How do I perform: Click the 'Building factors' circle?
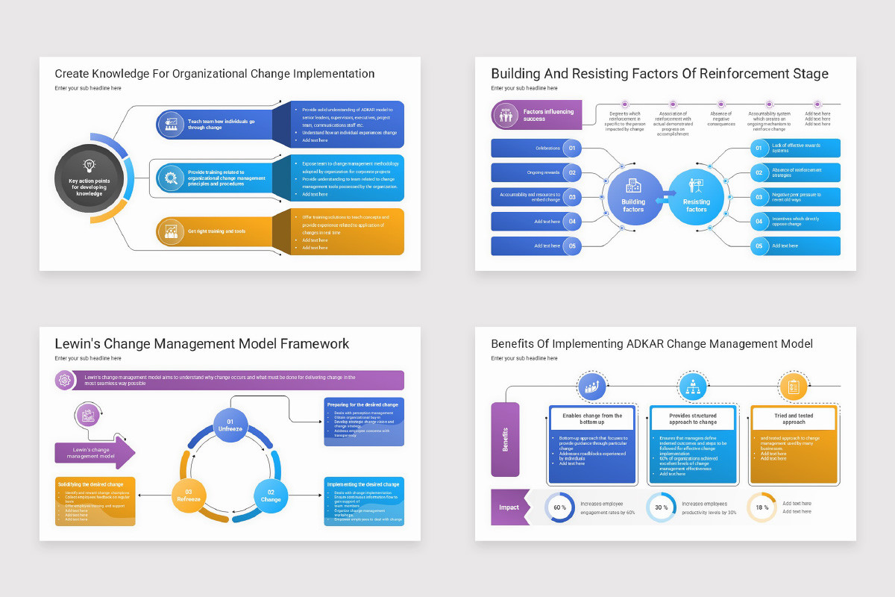tap(633, 197)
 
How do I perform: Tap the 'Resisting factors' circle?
tap(696, 197)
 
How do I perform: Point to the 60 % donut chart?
tap(559, 507)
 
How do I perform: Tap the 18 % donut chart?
tap(761, 507)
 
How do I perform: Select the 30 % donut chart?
tap(661, 507)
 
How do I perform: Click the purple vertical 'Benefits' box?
tap(505, 439)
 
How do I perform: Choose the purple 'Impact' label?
tap(509, 507)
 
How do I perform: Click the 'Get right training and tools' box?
tap(215, 231)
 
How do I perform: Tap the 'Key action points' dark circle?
tap(89, 178)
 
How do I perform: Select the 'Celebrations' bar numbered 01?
tap(534, 148)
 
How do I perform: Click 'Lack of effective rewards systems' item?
tap(797, 148)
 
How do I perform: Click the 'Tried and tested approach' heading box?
tap(794, 419)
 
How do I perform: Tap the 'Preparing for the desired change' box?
tap(364, 422)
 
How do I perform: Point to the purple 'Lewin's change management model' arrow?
tap(94, 451)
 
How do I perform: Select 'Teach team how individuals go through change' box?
tap(215, 124)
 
